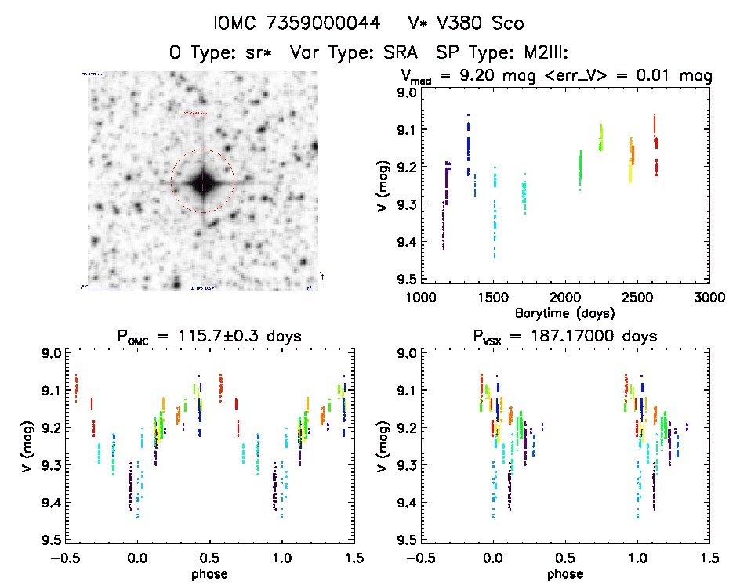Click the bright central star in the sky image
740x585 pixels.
pos(202,183)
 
